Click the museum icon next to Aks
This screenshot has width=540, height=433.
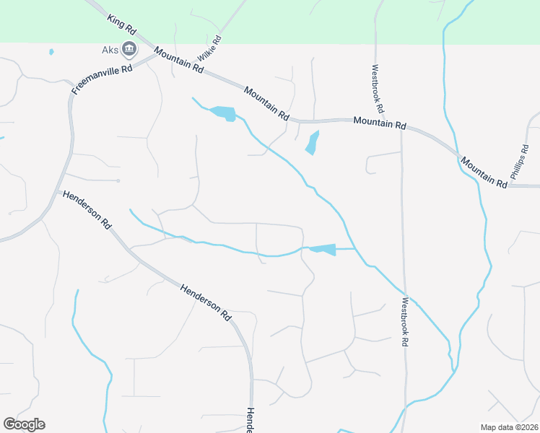130,49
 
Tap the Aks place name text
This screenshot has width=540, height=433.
110,50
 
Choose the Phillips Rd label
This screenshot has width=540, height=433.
520,161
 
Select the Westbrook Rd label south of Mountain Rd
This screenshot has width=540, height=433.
405,322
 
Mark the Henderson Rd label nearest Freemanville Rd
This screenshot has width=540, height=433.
87,209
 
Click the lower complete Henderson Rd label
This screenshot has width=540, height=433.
206,300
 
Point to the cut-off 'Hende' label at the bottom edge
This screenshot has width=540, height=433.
249,419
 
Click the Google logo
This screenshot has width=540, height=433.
24,424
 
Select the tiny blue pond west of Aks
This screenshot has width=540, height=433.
51,52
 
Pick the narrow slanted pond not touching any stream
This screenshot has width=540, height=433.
312,142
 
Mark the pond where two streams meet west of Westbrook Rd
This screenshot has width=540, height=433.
324,250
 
